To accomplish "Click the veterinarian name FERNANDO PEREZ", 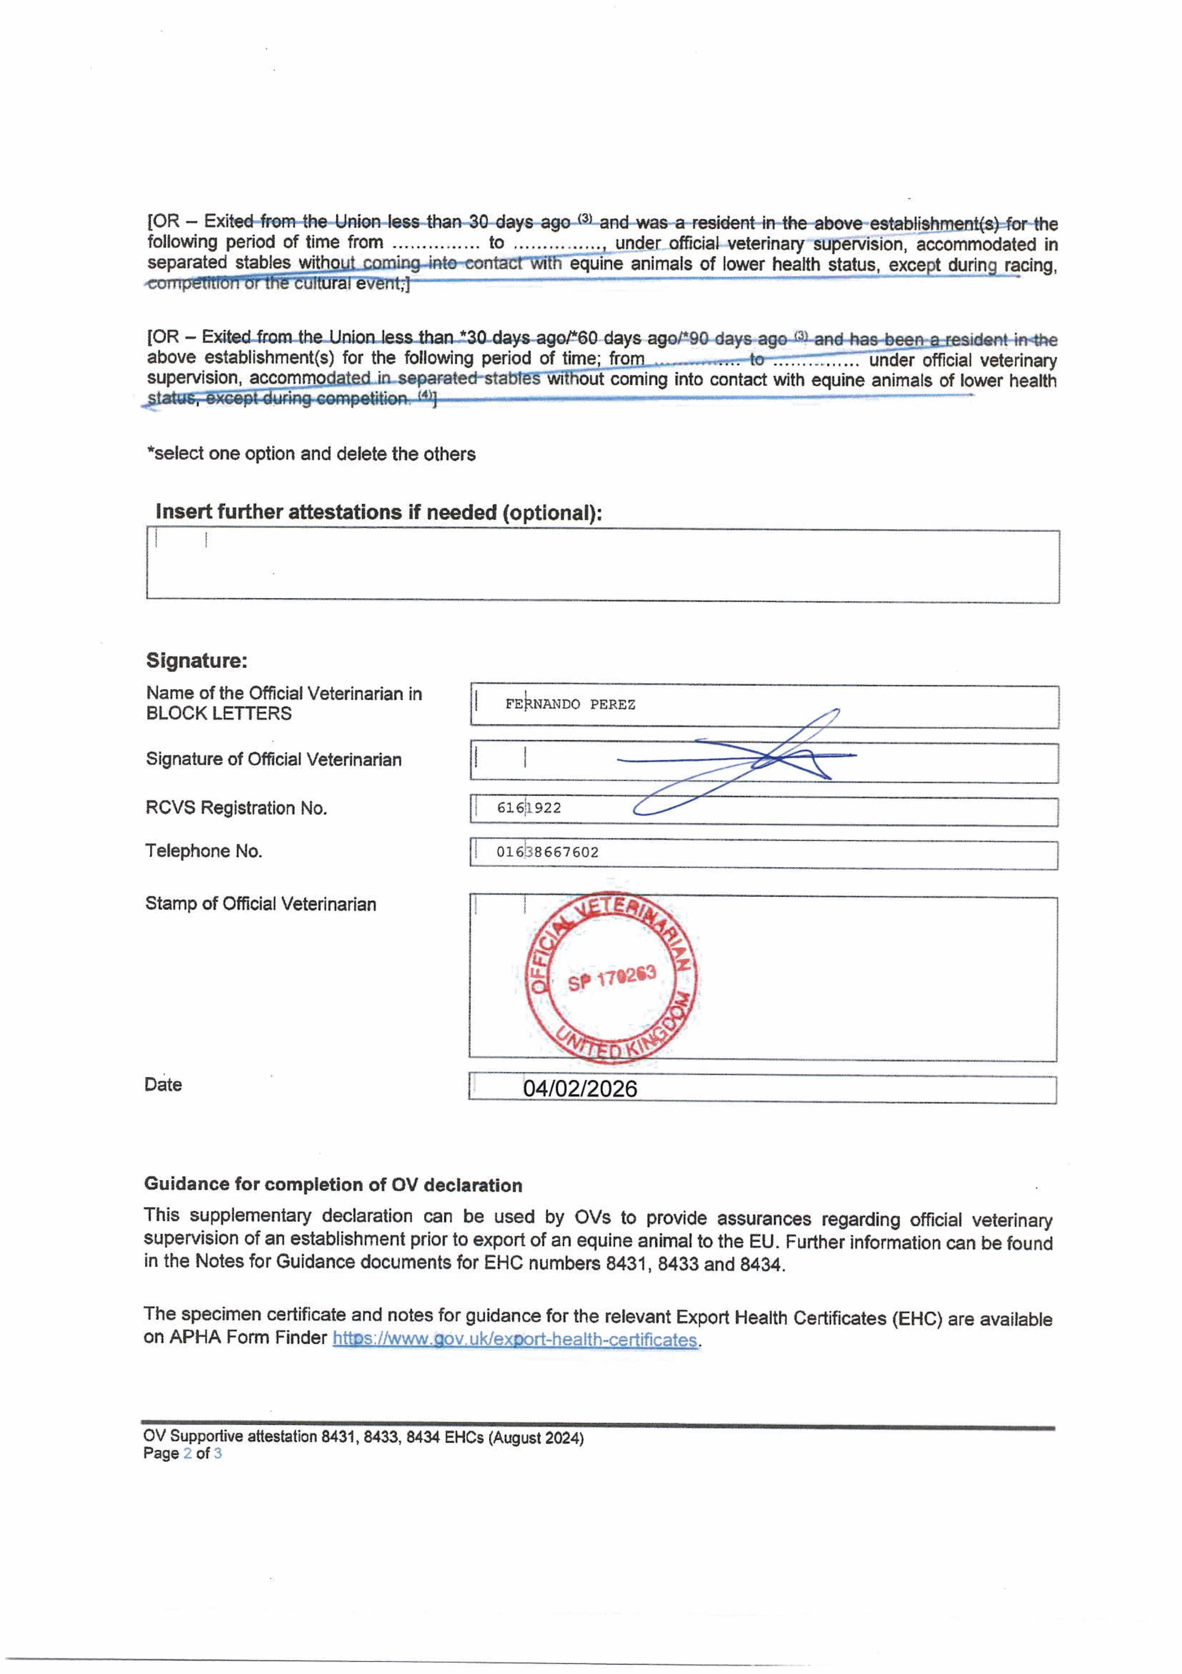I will pyautogui.click(x=570, y=704).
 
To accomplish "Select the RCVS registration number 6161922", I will pyautogui.click(x=529, y=808).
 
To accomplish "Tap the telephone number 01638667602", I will pyautogui.click(x=547, y=852).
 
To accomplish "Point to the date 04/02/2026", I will pyautogui.click(x=580, y=1088).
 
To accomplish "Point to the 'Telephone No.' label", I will pyautogui.click(x=203, y=851).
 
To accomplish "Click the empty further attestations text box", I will pyautogui.click(x=603, y=566).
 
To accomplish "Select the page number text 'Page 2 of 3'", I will pyautogui.click(x=182, y=1453).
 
